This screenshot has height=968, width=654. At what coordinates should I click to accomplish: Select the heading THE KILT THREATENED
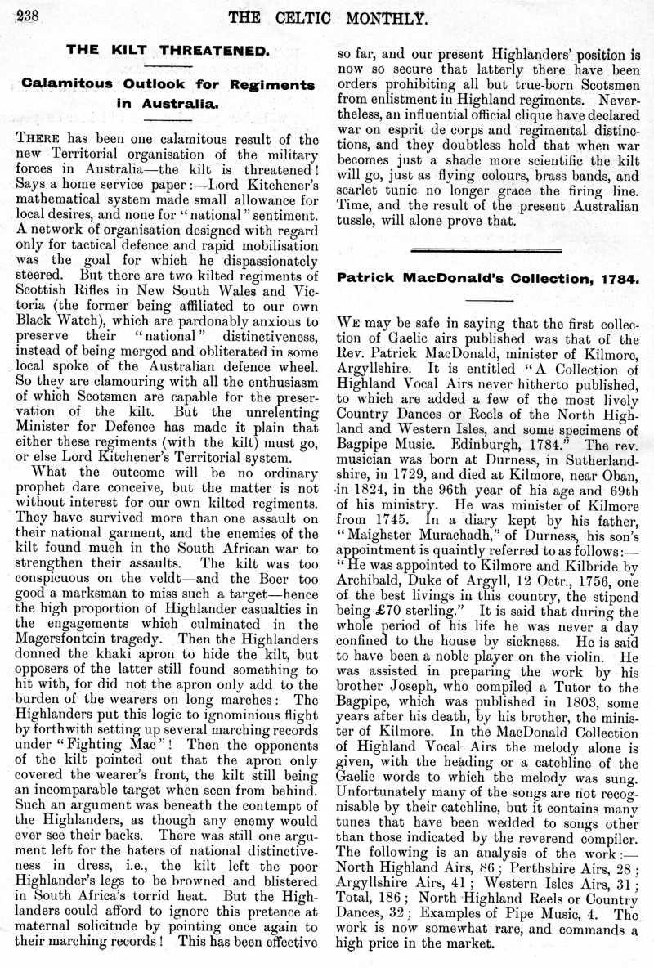point(167,50)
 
